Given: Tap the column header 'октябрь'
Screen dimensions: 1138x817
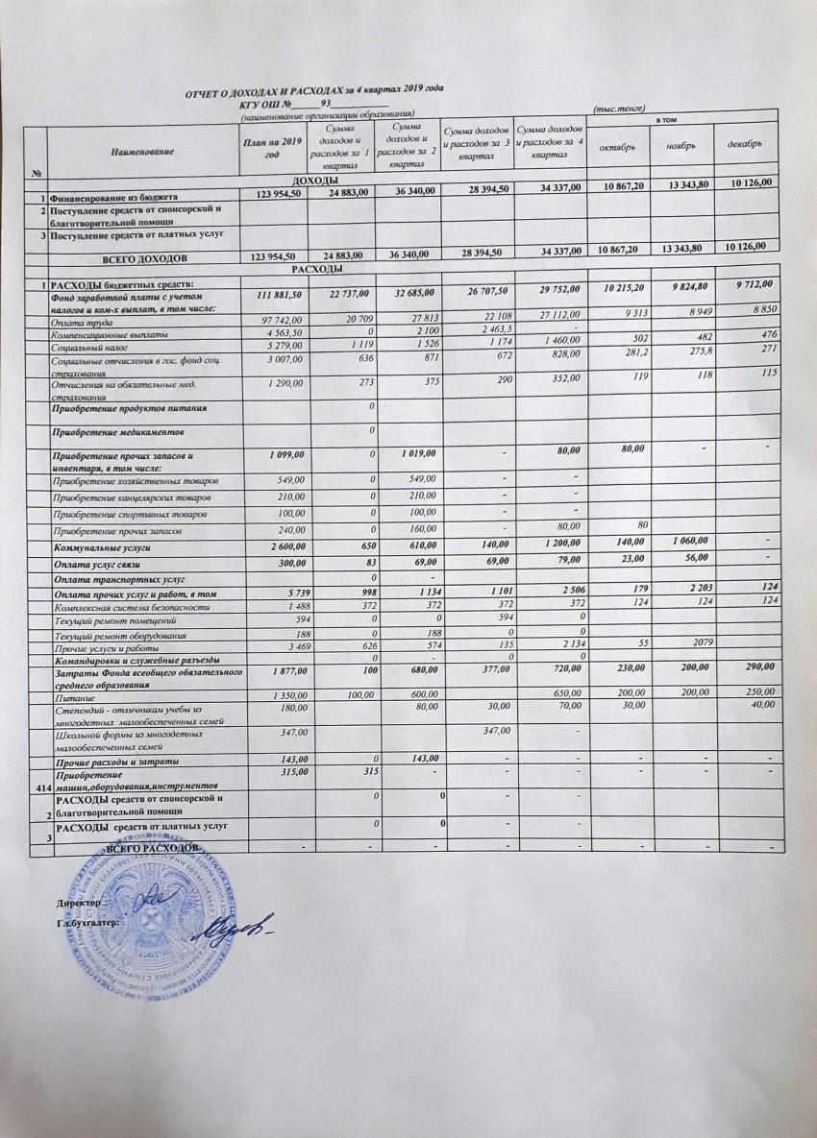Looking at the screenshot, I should [618, 146].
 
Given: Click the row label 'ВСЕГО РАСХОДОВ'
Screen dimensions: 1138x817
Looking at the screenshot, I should [154, 851].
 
